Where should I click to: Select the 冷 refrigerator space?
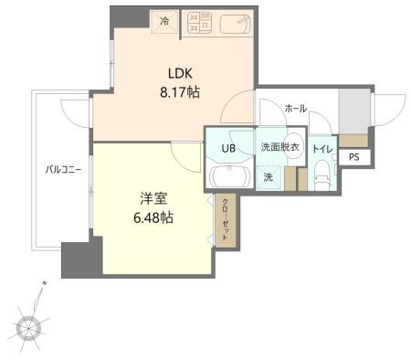coord(163,21)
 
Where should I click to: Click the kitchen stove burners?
coord(200,24)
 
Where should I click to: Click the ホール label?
coord(295,108)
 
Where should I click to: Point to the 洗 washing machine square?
coord(268,176)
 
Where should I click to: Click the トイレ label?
coord(322,148)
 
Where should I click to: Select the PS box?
coord(353,157)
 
